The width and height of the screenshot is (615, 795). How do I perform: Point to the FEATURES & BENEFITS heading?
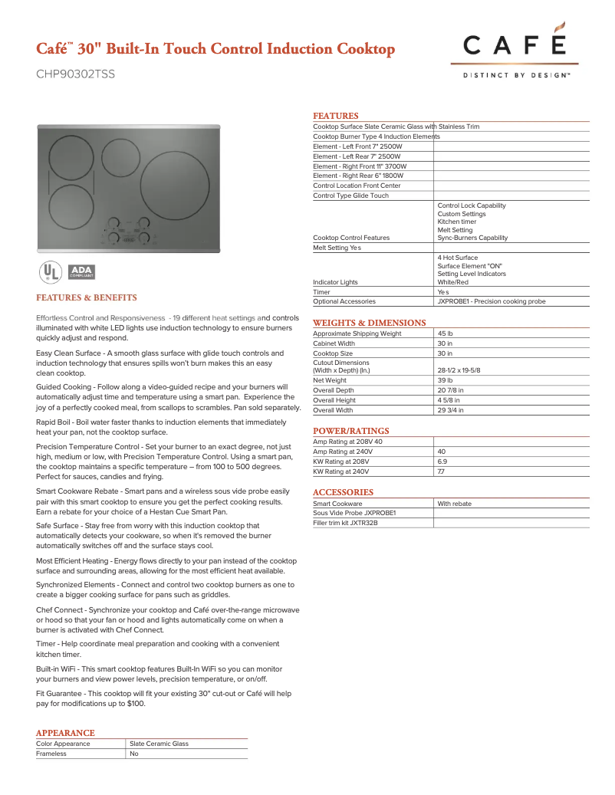coord(87,297)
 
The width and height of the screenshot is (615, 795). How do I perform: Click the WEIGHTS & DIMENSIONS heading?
coord(369,323)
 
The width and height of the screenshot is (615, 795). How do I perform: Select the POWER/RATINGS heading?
coord(351,431)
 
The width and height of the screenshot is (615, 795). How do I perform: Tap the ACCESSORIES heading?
coord(343,492)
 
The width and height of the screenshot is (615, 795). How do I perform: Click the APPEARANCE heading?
coord(65,733)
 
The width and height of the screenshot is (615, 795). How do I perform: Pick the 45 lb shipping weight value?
coord(445,333)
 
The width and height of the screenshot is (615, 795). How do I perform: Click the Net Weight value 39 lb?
coord(445,380)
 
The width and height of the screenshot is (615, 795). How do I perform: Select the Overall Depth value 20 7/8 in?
coord(450,390)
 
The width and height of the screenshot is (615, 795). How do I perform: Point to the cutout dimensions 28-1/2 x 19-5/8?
coord(459,370)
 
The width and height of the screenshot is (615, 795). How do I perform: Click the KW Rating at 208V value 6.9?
coord(442,462)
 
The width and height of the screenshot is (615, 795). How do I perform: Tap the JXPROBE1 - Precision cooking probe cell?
coord(491,302)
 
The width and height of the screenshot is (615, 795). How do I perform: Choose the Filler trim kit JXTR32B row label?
coord(345,523)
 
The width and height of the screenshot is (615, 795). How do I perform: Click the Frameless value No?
coord(134,754)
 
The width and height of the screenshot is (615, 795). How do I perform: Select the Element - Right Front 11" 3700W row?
coord(360,166)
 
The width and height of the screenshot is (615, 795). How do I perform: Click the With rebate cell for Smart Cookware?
coord(454,504)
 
